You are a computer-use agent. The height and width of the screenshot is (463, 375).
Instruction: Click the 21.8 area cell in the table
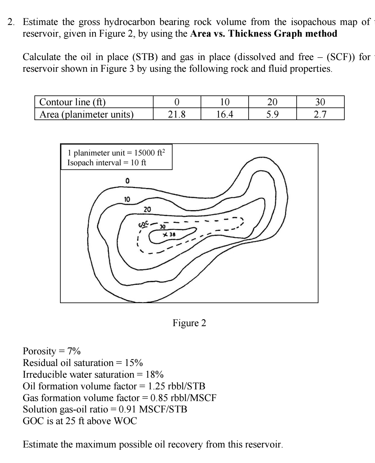point(177,114)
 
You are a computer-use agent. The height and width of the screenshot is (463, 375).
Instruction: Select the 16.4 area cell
point(225,114)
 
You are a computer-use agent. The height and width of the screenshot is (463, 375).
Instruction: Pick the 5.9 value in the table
point(272,114)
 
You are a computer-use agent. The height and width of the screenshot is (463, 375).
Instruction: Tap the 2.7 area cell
point(320,114)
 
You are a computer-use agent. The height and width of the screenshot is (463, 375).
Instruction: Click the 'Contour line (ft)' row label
point(72,102)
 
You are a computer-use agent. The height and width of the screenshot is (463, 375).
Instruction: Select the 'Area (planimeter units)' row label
point(86,114)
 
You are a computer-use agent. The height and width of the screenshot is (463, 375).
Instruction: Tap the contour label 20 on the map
point(147,209)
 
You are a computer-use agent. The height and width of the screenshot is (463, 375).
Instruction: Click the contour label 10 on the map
point(127,199)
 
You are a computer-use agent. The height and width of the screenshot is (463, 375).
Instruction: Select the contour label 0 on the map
point(127,181)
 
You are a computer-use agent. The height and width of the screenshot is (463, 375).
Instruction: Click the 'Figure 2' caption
point(189,323)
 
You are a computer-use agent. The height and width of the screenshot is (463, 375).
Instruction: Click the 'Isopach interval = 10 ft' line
point(107,163)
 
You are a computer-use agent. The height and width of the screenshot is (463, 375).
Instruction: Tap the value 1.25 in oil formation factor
point(154,386)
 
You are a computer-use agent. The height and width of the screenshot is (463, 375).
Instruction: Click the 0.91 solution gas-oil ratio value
point(127,409)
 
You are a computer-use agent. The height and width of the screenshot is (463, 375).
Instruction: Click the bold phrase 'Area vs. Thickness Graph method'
point(264,34)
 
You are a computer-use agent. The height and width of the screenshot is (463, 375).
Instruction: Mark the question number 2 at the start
point(11,22)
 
